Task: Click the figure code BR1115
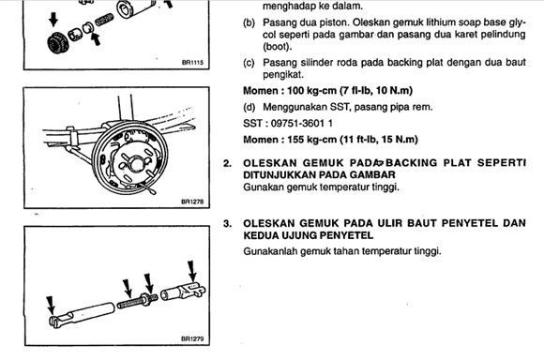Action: tap(192, 63)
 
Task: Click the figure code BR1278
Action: tap(192, 202)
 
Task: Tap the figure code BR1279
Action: tap(192, 338)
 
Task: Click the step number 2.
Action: tap(227, 163)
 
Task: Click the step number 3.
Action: tap(227, 224)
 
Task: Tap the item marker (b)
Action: tap(249, 22)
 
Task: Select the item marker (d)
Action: tap(249, 107)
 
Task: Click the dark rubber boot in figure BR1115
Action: tap(57, 44)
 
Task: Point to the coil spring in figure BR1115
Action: tap(104, 20)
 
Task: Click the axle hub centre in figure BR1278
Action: tap(136, 163)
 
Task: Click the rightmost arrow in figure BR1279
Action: tap(192, 271)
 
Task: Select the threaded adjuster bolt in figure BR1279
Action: tap(137, 300)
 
